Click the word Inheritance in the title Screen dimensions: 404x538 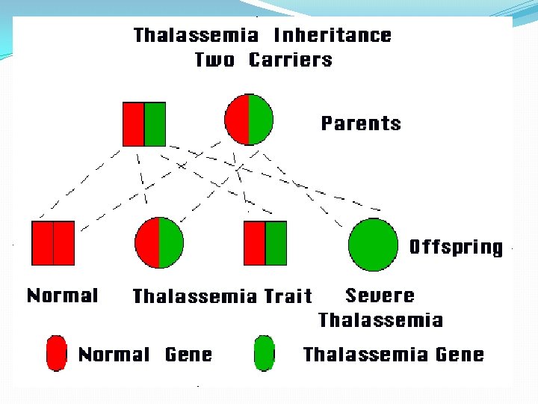coord(333,35)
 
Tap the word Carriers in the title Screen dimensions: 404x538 coord(291,60)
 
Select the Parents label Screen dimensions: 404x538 coord(361,123)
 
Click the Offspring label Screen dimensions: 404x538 coord(456,247)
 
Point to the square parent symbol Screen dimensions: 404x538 coord(143,123)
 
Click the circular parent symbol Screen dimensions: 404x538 coord(249,120)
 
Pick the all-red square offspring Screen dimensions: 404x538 coord(53,243)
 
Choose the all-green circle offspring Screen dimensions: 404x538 coord(373,245)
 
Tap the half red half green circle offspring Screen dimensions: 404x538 coord(159,242)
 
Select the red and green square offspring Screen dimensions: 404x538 coord(265,243)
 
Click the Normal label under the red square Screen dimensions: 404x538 coord(62,296)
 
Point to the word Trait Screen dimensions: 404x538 coord(288,296)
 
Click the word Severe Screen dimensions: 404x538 coord(380,295)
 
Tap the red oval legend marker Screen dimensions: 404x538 coord(56,354)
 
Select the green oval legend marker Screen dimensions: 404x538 coord(264,354)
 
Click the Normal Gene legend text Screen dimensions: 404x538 coord(145,355)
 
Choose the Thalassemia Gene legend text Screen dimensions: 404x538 coord(393,355)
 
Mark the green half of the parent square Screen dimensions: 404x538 coord(155,123)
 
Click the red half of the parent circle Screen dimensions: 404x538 coord(237,120)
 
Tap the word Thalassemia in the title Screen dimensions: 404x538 coord(196,35)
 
